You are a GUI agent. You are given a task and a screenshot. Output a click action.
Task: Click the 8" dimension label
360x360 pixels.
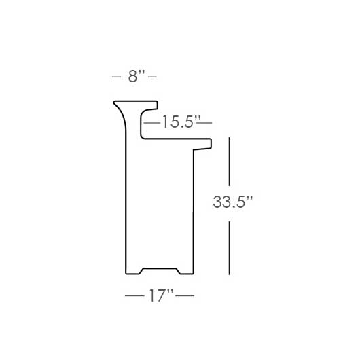click(134, 77)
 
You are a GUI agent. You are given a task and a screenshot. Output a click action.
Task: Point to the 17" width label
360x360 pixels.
click(160, 297)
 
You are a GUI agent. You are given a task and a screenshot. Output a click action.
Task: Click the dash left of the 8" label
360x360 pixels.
click(117, 77)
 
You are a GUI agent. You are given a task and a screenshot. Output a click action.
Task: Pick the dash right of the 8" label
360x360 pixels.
click(153, 77)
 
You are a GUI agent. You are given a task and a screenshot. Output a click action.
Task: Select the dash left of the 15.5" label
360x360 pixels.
click(153, 123)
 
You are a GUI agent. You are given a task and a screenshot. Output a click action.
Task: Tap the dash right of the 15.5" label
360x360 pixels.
click(205, 123)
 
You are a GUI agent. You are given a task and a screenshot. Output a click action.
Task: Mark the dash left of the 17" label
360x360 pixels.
click(134, 297)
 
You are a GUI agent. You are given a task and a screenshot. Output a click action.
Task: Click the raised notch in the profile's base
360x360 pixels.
click(160, 268)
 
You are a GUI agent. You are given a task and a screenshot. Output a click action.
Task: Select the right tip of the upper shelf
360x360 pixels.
click(157, 105)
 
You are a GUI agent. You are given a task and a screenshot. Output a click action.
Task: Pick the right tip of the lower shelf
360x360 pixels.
click(211, 143)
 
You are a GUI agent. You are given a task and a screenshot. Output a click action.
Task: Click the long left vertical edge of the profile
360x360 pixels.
click(127, 204)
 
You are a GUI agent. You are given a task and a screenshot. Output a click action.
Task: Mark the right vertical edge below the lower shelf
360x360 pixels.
click(194, 211)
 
